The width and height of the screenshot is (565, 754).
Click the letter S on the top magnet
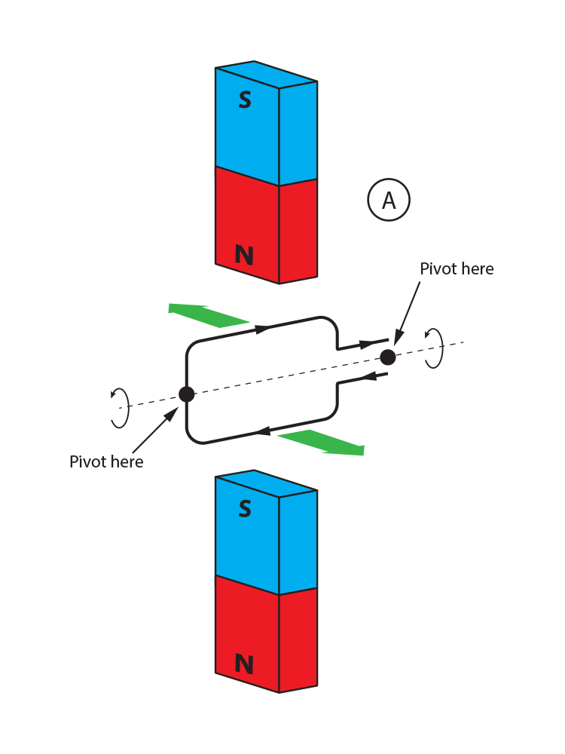(245, 100)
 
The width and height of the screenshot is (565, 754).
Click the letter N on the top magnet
(244, 256)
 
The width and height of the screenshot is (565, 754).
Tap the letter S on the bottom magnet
(245, 509)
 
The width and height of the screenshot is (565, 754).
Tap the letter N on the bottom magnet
(244, 664)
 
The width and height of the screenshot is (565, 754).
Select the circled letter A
(389, 201)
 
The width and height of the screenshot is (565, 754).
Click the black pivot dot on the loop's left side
(186, 394)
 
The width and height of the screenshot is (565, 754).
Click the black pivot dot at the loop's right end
(388, 357)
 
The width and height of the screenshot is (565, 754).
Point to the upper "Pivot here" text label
(457, 269)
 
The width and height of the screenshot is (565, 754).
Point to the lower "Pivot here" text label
(106, 461)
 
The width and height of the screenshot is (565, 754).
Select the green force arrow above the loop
(208, 314)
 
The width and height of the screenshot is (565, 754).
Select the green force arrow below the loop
(322, 443)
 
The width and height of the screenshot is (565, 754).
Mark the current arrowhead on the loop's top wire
(262, 329)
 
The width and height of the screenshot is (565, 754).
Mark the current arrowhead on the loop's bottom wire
(263, 431)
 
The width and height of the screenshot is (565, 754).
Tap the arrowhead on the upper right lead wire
(368, 344)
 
